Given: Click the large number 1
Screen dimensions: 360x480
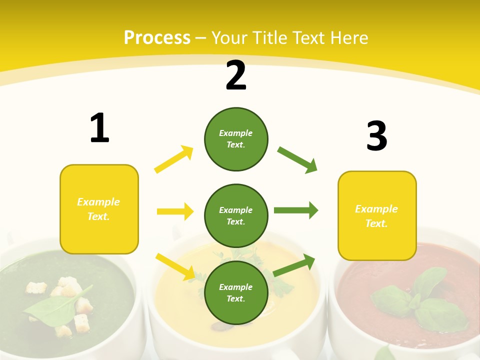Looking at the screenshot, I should point(99,128).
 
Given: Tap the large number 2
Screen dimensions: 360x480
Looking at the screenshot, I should point(236,75).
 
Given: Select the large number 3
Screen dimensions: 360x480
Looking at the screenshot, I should point(376,136).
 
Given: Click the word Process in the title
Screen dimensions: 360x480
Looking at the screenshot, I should point(157,37).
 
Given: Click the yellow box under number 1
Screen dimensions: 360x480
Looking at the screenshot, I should point(99,209).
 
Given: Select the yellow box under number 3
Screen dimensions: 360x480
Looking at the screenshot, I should point(377,215).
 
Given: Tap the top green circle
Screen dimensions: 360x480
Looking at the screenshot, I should point(236,139).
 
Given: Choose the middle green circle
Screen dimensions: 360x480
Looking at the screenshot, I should point(236,215).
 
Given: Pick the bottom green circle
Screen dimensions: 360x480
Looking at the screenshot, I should point(236,292).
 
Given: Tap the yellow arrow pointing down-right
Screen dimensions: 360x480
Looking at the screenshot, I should point(175,266).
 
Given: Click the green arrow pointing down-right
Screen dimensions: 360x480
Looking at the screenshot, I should point(297,160).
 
